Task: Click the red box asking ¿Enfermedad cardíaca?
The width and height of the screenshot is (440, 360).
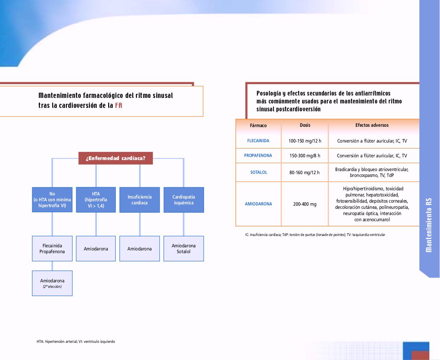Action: tap(115, 158)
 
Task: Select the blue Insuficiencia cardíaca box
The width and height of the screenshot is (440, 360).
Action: tap(139, 200)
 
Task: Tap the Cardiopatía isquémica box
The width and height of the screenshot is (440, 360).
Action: tap(184, 200)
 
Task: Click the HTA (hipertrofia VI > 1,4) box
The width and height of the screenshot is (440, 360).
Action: tap(96, 200)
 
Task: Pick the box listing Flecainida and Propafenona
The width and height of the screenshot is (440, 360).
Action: tap(52, 249)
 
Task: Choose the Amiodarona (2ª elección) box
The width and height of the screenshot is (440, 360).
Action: tap(52, 283)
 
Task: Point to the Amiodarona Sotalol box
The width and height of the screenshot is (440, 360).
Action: tap(184, 249)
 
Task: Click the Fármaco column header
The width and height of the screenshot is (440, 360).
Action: tap(258, 125)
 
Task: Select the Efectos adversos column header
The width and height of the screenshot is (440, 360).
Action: tap(372, 125)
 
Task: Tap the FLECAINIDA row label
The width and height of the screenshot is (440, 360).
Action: tap(258, 140)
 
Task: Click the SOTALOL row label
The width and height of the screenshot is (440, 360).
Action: tap(259, 172)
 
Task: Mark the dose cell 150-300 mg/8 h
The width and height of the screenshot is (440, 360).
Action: tap(305, 156)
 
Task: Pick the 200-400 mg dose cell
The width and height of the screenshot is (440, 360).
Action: tap(305, 204)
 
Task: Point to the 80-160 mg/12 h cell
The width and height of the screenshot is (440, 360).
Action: tap(304, 172)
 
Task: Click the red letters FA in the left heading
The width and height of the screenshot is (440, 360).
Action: tap(119, 105)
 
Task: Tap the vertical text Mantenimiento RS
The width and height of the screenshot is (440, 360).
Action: tap(429, 225)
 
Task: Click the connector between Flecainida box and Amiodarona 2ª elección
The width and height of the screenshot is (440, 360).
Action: tap(52, 266)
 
